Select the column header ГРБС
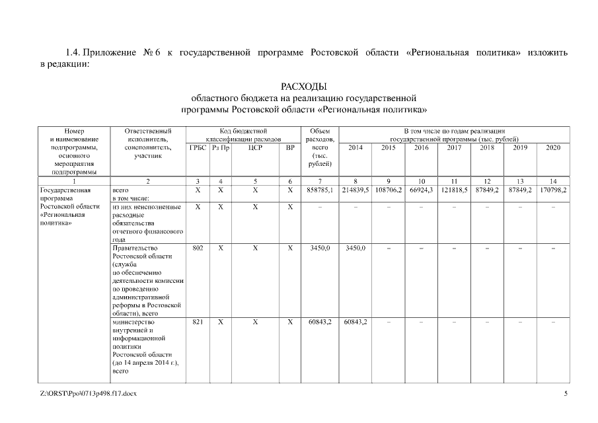point(198,147)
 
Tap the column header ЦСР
point(255,147)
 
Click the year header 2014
point(355,147)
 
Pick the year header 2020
point(553,147)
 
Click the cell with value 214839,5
point(355,189)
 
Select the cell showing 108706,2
point(389,189)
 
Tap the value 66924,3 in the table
point(422,189)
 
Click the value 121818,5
point(454,189)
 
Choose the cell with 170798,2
point(553,189)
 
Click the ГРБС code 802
point(198,248)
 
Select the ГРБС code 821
point(198,322)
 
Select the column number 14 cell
point(553,180)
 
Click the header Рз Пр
point(221,147)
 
